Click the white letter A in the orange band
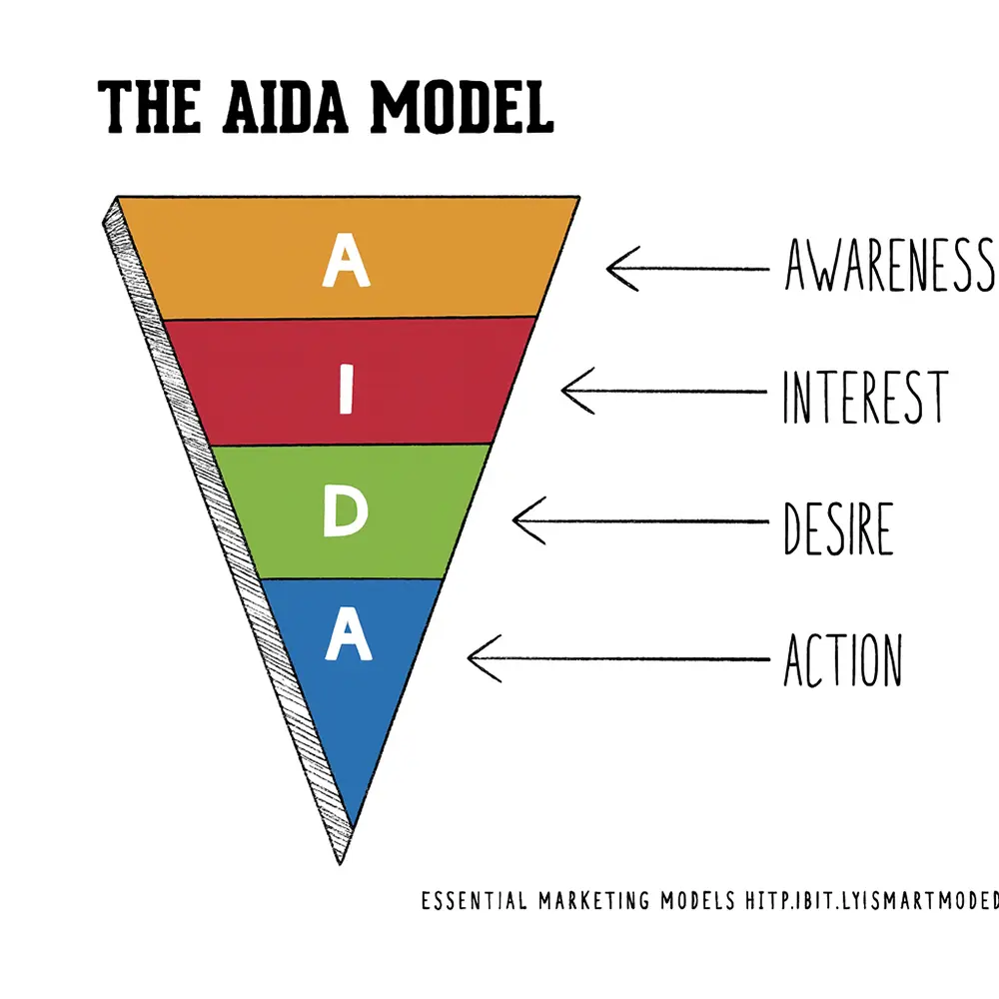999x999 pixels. tap(343, 262)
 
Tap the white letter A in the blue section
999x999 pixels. tap(348, 637)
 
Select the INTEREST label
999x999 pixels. tap(863, 396)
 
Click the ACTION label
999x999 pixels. tap(842, 660)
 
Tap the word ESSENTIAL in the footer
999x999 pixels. tap(473, 900)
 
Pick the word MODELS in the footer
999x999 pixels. tap(699, 900)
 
